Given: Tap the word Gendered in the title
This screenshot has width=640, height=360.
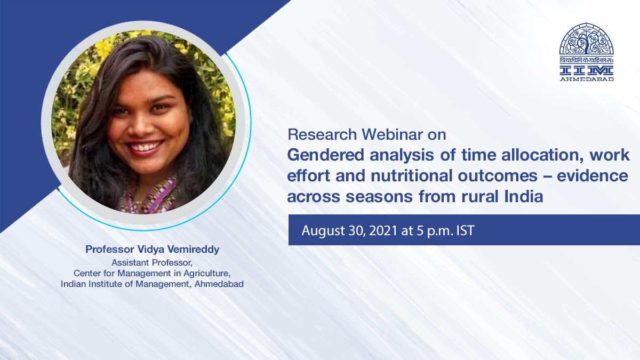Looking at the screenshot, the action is [x=325, y=156].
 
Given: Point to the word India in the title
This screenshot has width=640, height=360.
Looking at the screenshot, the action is [x=523, y=197].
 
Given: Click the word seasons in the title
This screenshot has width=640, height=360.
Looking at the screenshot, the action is [x=379, y=197].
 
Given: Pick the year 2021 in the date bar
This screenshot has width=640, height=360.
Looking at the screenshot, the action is [x=383, y=230].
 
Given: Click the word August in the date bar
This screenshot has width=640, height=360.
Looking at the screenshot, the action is [x=323, y=231].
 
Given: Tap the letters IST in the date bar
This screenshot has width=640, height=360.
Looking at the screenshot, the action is [x=466, y=230].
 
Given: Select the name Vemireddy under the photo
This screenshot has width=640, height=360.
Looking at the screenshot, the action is [x=193, y=250].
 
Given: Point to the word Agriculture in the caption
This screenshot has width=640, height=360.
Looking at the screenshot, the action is [x=207, y=274].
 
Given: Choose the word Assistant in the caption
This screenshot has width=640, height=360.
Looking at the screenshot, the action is [x=130, y=262].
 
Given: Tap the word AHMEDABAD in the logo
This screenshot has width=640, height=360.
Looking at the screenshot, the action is [x=587, y=79].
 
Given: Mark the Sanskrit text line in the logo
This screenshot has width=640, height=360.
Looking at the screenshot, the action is [x=586, y=60].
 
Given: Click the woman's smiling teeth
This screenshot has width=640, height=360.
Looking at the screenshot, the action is [x=145, y=147].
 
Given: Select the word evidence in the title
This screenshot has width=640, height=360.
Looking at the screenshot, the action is [x=593, y=175].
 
